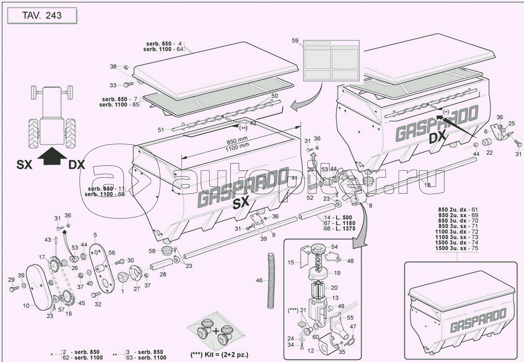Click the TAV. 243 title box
42,16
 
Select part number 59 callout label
295,41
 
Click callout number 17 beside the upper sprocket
42,257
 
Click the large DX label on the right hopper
438,137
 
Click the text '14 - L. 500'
338,217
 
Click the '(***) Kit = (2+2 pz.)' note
219,355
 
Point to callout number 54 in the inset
334,247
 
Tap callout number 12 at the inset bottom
310,351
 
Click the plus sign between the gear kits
216,331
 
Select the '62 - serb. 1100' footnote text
83,357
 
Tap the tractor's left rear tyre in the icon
34,133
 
